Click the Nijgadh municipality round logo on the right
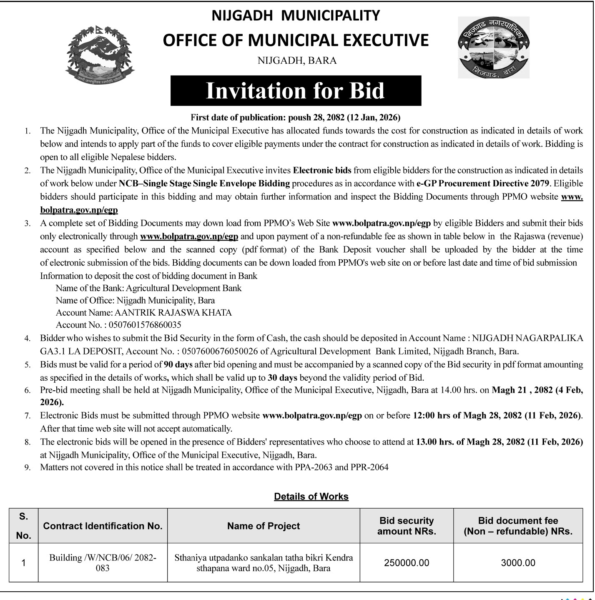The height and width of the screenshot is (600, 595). [x=494, y=47]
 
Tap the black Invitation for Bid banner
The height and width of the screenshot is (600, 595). [x=296, y=90]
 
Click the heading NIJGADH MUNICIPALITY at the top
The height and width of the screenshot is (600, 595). [x=296, y=15]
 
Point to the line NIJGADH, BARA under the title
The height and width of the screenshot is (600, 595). [x=297, y=60]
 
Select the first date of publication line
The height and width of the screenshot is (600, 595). [x=295, y=118]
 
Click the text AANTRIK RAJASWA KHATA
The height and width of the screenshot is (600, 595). [x=173, y=312]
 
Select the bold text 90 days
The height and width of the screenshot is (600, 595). [x=178, y=364]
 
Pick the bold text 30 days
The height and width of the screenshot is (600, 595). [x=282, y=378]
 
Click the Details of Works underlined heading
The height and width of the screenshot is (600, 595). [x=311, y=496]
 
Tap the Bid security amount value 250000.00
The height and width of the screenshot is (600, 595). [x=407, y=563]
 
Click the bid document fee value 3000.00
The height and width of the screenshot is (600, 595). [x=518, y=563]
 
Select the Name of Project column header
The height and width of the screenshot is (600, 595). [x=264, y=526]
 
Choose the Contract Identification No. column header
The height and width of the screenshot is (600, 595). [x=103, y=526]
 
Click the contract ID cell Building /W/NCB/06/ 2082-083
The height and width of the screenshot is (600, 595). [x=103, y=562]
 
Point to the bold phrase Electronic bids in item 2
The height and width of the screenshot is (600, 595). [x=322, y=170]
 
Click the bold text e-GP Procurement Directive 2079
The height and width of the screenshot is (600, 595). [x=483, y=183]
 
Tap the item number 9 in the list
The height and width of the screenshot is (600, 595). [x=28, y=467]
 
